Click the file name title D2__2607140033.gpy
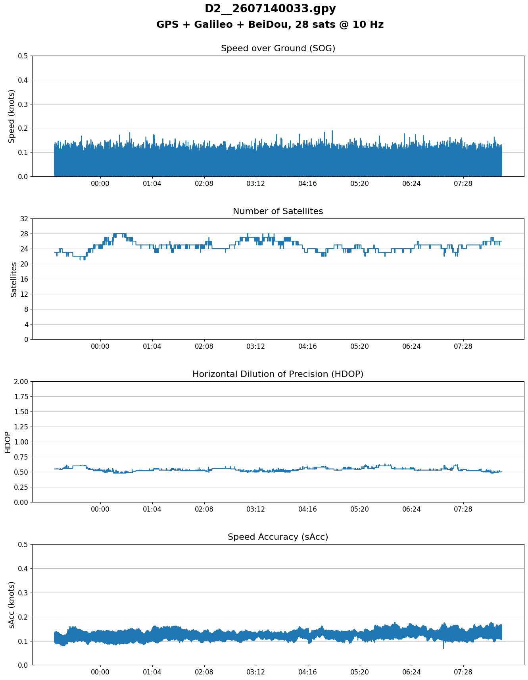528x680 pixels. [270, 9]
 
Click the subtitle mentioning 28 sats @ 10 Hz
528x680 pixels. [270, 25]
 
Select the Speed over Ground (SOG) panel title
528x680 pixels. [278, 48]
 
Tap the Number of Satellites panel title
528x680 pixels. [278, 211]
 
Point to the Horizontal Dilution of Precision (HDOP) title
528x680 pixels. [278, 374]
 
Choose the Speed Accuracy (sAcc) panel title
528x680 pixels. [278, 537]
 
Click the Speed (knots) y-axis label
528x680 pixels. [12, 116]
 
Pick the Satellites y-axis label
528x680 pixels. [14, 279]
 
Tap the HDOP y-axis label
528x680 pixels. [8, 442]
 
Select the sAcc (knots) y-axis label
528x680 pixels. [12, 605]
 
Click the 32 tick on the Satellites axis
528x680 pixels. [24, 219]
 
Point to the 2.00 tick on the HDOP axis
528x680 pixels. [21, 382]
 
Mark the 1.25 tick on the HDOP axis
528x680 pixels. [21, 427]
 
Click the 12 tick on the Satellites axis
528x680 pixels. [24, 294]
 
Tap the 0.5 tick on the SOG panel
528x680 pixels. [23, 56]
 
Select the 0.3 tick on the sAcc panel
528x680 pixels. [23, 593]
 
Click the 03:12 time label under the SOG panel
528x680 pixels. [256, 183]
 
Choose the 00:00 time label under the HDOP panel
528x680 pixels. [100, 509]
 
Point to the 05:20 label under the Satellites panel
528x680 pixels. [360, 346]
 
